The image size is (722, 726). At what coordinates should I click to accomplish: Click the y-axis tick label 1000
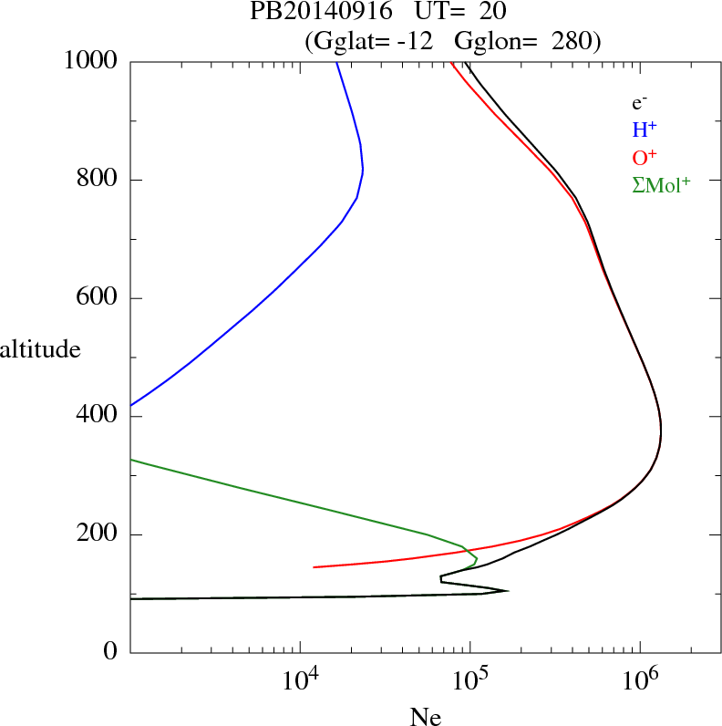91,61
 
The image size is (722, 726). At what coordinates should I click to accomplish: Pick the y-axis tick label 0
111,653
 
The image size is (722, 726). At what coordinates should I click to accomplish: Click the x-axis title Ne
425,716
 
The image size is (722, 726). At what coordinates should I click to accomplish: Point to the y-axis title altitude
40,348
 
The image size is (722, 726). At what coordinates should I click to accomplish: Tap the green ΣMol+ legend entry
661,183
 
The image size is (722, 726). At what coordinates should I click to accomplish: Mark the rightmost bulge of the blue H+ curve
363,170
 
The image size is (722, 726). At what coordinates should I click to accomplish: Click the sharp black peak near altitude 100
507,591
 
